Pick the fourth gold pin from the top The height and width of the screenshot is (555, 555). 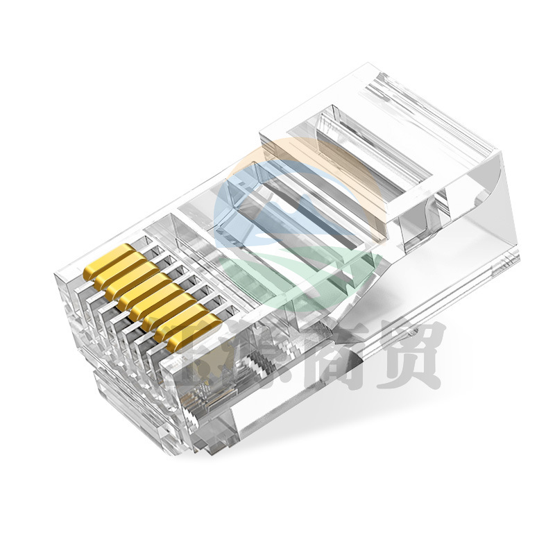coord(137,297)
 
